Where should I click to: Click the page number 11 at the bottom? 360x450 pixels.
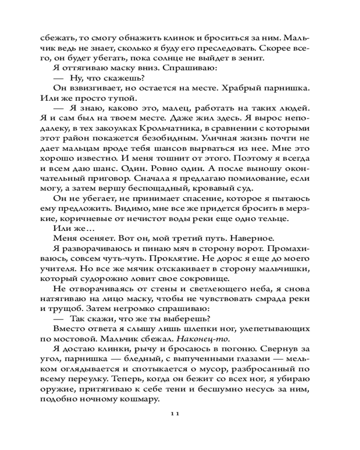coord(175,414)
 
